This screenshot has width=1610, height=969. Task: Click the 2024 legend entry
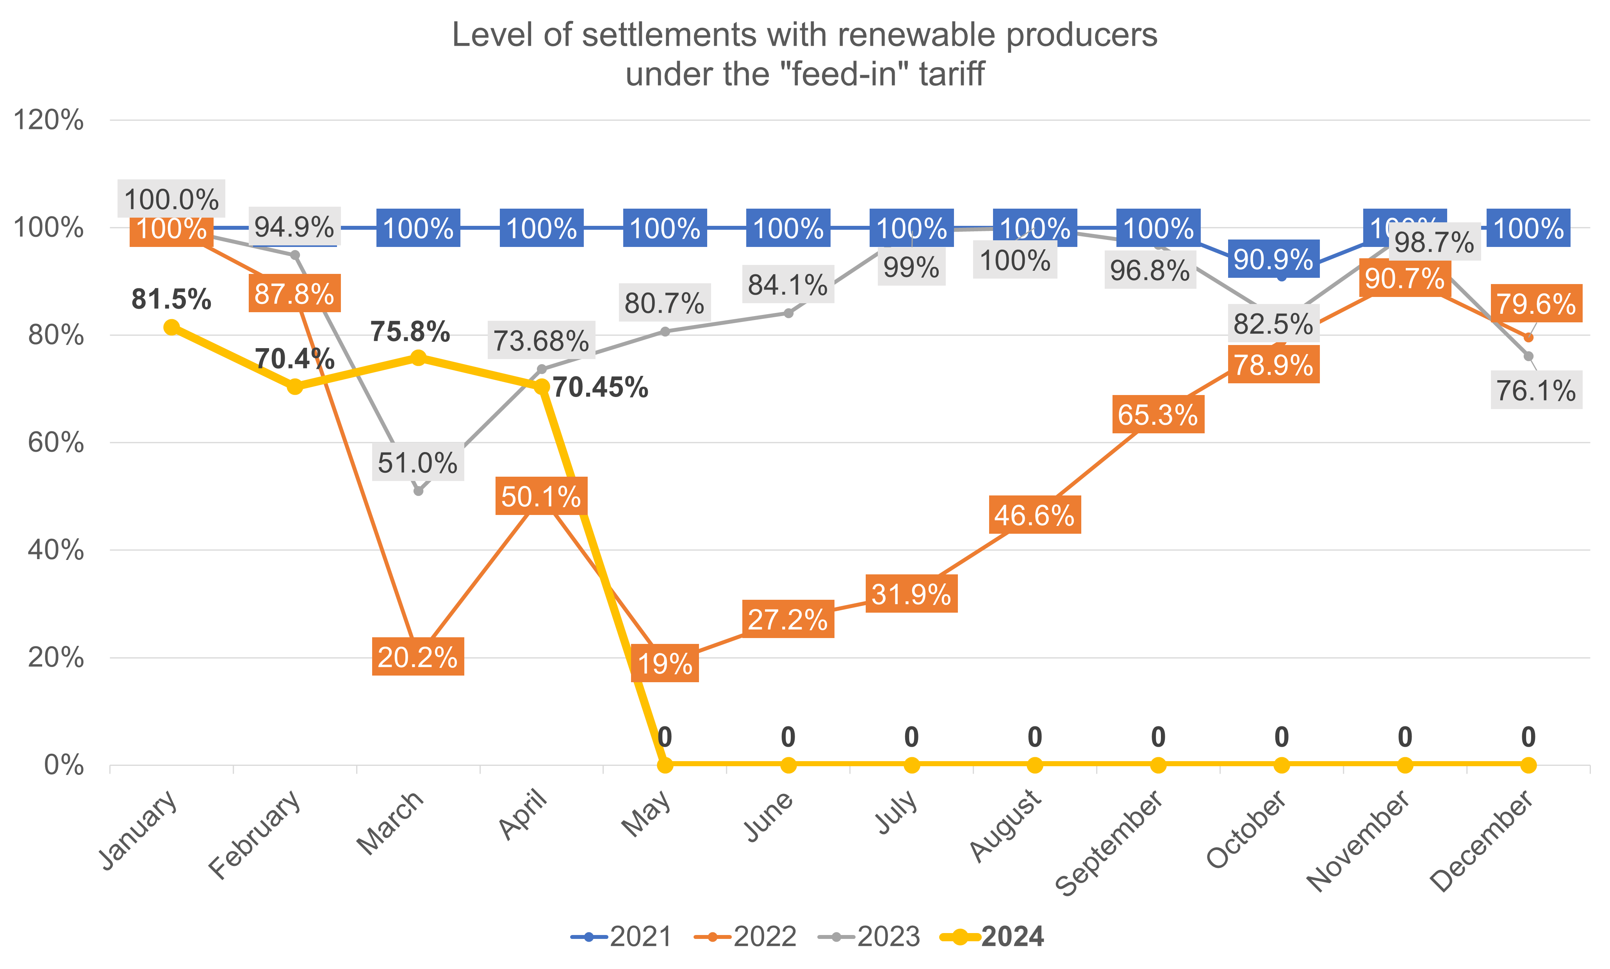click(993, 936)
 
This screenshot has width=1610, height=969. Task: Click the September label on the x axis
click(1109, 842)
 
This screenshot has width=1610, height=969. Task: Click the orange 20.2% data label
click(418, 657)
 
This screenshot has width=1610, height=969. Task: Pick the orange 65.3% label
click(1158, 415)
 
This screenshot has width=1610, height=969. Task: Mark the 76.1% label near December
click(1535, 390)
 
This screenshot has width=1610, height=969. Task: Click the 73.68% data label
click(541, 340)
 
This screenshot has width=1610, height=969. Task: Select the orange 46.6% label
click(1034, 515)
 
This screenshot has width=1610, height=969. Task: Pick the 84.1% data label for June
click(788, 285)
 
